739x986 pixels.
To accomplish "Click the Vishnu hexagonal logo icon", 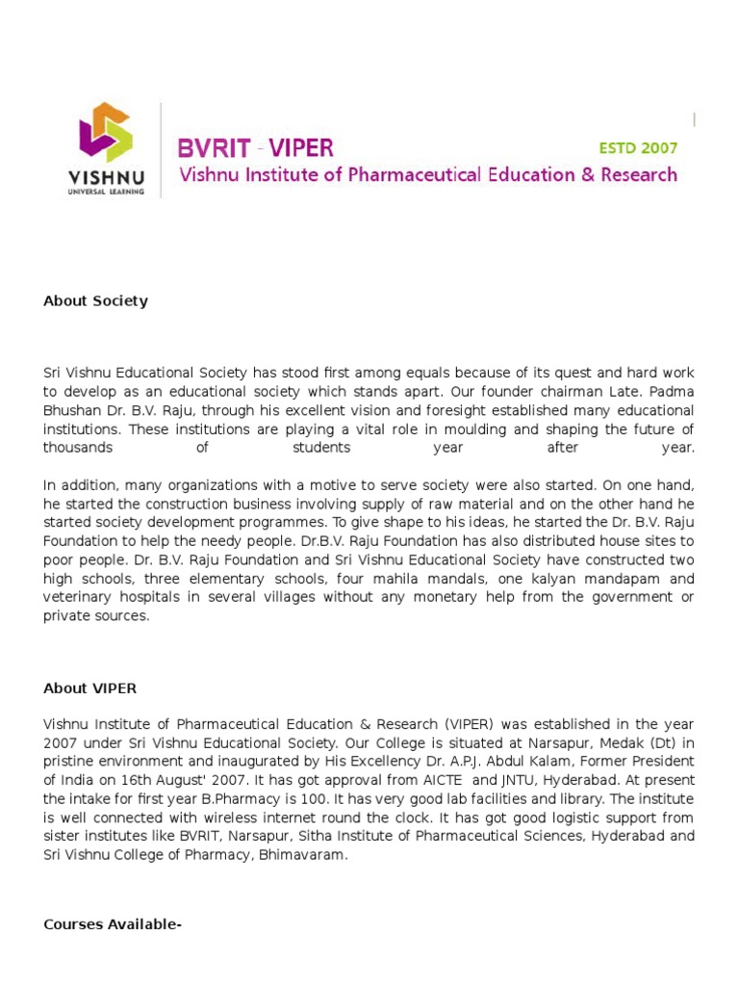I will [105, 132].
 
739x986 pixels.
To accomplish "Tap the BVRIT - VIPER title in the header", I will [255, 148].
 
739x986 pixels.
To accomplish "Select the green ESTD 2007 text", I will [638, 148].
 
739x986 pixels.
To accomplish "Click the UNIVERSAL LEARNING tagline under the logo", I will [106, 192].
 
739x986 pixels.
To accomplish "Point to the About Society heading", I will [95, 300].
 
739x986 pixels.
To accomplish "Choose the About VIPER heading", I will [89, 688].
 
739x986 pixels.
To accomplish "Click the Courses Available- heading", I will [113, 924].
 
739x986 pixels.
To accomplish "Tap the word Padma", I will [674, 392].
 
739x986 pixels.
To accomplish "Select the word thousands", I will [78, 448].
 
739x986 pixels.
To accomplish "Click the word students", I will [321, 448].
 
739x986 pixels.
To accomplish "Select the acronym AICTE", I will [445, 780].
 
